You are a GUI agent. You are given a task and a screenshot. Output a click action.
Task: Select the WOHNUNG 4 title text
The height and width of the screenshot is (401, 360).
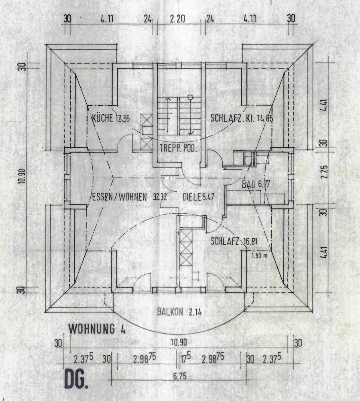click(98, 329)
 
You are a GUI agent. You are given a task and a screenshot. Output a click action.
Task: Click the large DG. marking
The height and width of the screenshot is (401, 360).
click(75, 379)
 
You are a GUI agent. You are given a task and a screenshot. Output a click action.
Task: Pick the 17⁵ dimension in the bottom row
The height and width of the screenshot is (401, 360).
click(185, 358)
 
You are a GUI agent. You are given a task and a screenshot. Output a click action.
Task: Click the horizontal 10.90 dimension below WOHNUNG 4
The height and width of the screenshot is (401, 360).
click(179, 343)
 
